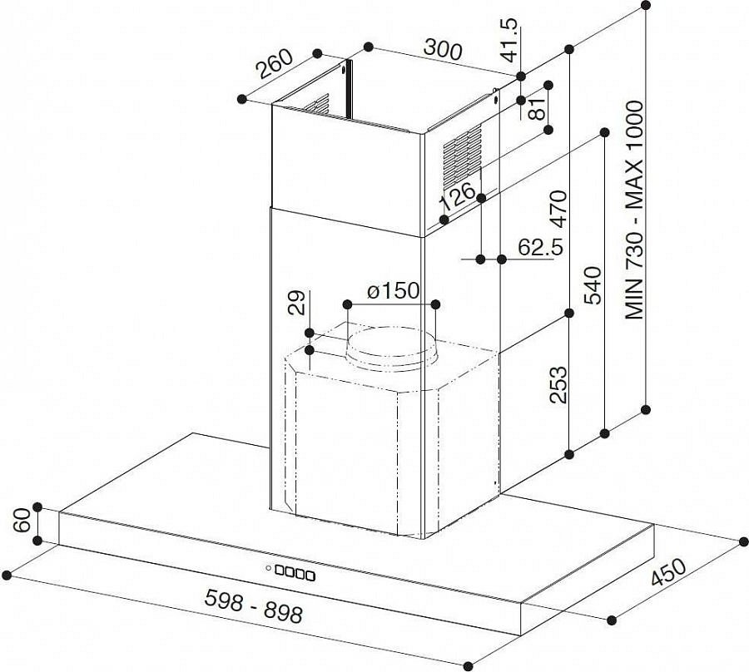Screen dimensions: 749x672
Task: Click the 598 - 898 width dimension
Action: tap(254, 605)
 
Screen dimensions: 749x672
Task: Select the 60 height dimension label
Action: tap(22, 521)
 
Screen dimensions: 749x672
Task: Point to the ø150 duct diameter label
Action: tap(393, 290)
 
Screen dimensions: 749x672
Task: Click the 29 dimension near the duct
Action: tap(297, 303)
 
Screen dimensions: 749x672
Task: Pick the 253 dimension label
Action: tap(558, 385)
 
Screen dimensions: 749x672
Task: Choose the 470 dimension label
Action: tap(558, 209)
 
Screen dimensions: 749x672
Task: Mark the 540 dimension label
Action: tap(593, 285)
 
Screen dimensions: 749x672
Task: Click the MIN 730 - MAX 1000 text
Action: tap(635, 210)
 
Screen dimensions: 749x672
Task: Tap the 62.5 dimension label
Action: tap(541, 247)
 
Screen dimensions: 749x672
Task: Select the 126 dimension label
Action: tap(458, 195)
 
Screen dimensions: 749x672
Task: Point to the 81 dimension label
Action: tap(537, 108)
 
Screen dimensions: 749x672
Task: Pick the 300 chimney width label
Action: tap(443, 50)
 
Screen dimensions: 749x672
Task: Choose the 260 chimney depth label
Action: tap(274, 63)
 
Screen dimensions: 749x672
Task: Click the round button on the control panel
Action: tap(269, 568)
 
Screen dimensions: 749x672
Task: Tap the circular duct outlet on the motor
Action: tap(392, 348)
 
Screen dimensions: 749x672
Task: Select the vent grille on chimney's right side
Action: tap(461, 156)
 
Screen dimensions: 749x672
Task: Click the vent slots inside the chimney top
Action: tap(317, 104)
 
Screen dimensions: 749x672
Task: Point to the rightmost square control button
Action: tap(310, 576)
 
